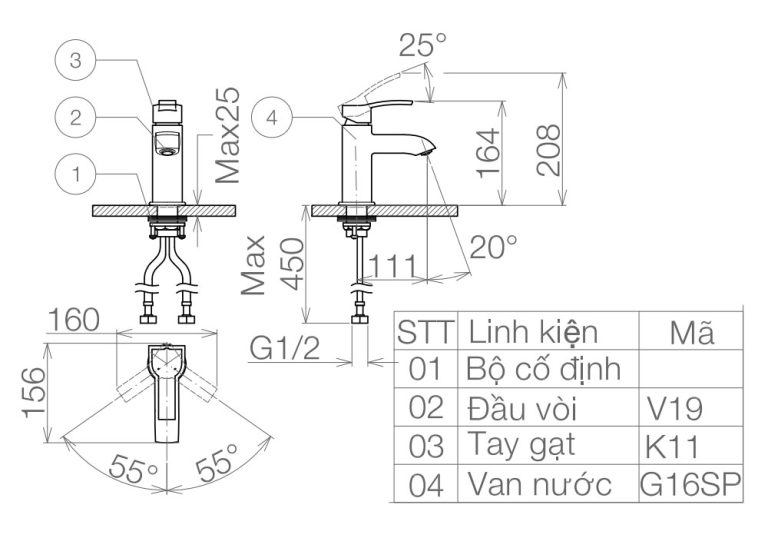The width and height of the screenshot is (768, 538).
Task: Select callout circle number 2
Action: coord(75,118)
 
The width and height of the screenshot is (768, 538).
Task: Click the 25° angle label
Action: coord(422,45)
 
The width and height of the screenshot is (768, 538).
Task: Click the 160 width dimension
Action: coord(74,320)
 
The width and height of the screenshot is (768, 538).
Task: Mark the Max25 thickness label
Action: coord(229,134)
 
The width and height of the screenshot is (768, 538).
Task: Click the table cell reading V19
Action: coord(675,408)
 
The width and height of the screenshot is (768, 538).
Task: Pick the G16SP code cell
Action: coord(689,485)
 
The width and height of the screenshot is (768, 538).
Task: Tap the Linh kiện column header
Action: coord(533,331)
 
